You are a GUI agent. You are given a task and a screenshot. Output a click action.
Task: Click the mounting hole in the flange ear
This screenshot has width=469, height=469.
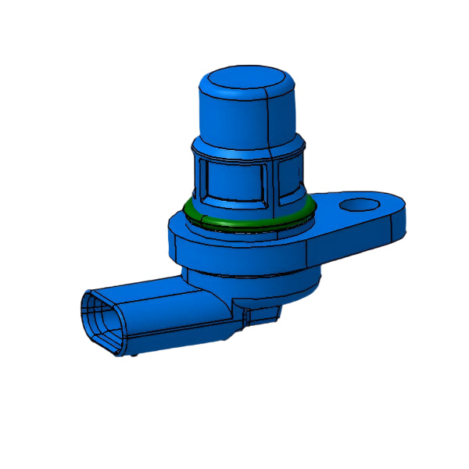click(x=358, y=205)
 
